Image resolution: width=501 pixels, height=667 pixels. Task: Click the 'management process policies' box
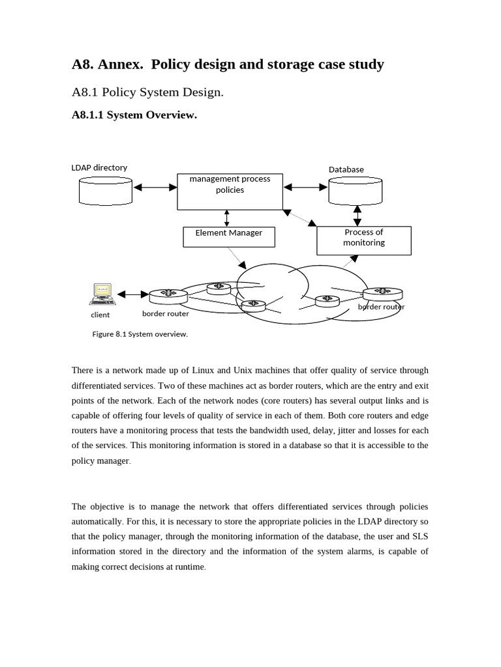pyautogui.click(x=230, y=192)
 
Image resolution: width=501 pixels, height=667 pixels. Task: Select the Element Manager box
pyautogui.click(x=228, y=236)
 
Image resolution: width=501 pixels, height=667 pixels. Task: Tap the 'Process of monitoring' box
pyautogui.click(x=363, y=240)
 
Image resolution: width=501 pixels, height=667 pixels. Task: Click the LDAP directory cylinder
pyautogui.click(x=105, y=190)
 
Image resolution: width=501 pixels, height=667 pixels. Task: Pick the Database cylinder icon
pyautogui.click(x=355, y=191)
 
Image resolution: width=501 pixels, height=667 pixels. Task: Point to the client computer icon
pyautogui.click(x=102, y=294)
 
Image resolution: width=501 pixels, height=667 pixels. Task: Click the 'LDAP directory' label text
pyautogui.click(x=99, y=167)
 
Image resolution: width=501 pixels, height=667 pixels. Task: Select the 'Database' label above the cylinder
pyautogui.click(x=346, y=169)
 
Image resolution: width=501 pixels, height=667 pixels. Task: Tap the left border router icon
pyautogui.click(x=168, y=296)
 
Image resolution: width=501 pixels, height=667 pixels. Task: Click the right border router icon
pyautogui.click(x=382, y=294)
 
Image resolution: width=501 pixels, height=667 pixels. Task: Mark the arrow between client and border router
pyautogui.click(x=133, y=294)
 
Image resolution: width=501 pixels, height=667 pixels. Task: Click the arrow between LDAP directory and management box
pyautogui.click(x=155, y=188)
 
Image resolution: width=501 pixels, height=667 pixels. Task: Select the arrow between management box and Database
pyautogui.click(x=305, y=188)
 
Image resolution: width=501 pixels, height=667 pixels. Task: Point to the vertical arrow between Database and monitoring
pyautogui.click(x=357, y=216)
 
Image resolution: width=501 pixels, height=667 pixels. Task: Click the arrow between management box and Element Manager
pyautogui.click(x=226, y=218)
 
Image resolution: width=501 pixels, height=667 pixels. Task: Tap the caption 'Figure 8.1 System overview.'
pyautogui.click(x=140, y=334)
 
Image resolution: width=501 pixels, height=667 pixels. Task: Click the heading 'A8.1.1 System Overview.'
pyautogui.click(x=134, y=115)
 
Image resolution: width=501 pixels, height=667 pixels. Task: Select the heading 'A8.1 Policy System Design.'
pyautogui.click(x=147, y=92)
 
